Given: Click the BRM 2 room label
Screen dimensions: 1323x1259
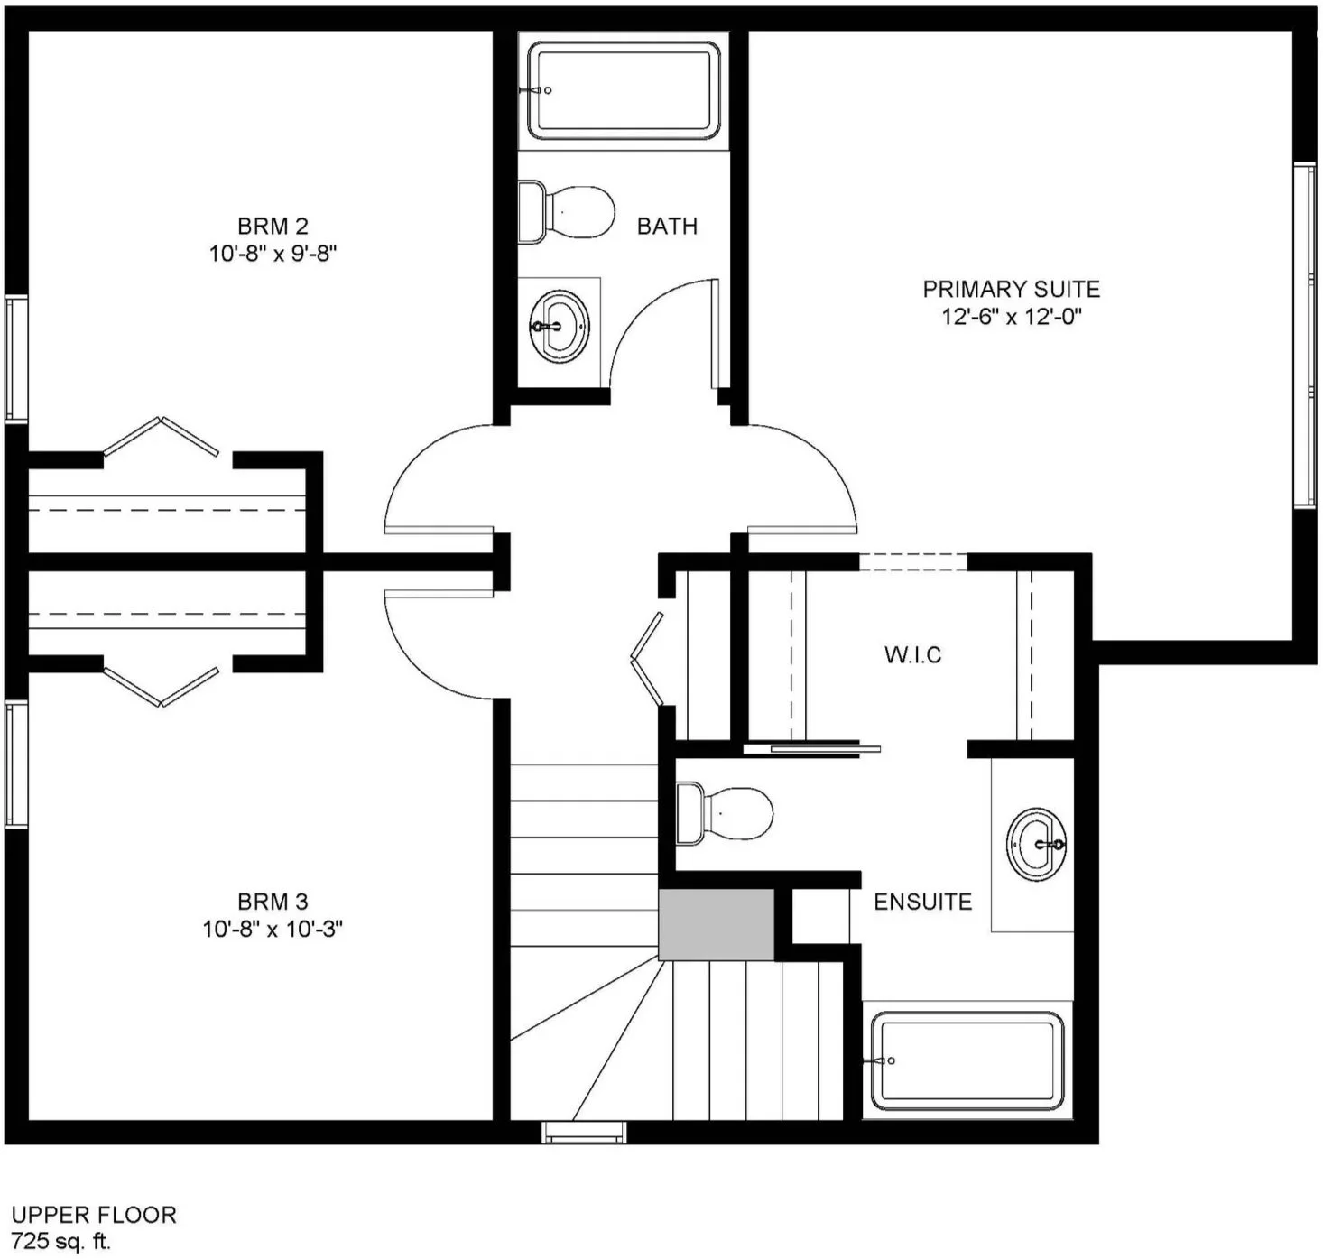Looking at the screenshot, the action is tap(273, 226).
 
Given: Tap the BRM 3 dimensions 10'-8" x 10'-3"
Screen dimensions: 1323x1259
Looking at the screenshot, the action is tap(273, 929).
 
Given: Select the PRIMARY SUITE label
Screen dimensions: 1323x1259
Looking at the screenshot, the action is tap(1011, 290).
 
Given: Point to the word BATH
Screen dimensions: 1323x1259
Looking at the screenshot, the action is tap(667, 227).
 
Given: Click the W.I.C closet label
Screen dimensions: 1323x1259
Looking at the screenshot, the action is tap(912, 654).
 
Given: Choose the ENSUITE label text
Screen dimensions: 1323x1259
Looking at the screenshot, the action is tap(922, 902).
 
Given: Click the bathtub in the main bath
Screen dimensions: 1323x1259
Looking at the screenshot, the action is tap(623, 91).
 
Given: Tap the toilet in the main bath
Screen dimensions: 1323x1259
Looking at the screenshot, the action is tap(566, 212).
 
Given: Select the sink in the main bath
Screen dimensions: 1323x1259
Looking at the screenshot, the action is tap(559, 327).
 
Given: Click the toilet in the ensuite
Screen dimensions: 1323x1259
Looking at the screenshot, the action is tap(724, 813).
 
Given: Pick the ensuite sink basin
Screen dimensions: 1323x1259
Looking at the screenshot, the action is tap(1036, 844).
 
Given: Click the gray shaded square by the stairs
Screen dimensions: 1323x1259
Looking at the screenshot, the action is tap(716, 924).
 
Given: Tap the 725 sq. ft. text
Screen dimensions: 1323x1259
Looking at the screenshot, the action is tap(60, 1240).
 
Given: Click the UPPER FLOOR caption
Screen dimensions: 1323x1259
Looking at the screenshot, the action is tap(94, 1215).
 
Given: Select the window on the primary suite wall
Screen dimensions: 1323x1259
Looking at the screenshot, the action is tap(1305, 335).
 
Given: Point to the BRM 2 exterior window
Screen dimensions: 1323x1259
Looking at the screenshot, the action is tap(16, 359).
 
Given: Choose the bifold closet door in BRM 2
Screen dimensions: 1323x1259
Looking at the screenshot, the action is tap(161, 436).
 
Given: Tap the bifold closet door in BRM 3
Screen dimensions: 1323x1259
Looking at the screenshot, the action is tap(161, 687).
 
